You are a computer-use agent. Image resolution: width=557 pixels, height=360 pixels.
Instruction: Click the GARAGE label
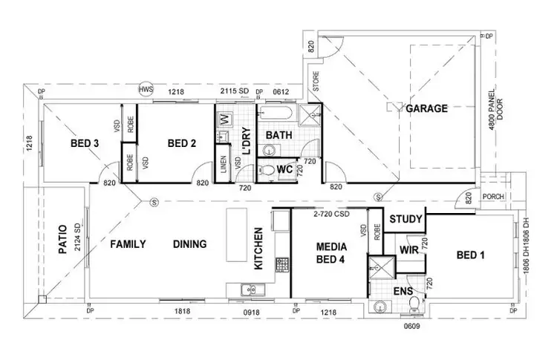point(426,108)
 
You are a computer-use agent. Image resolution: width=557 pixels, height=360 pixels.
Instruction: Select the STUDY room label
point(406,219)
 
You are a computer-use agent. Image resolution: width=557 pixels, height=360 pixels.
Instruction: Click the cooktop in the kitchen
point(282,264)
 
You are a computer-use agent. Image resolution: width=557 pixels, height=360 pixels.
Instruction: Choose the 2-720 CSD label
point(330,215)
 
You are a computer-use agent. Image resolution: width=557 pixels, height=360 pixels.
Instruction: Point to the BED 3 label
point(85,143)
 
